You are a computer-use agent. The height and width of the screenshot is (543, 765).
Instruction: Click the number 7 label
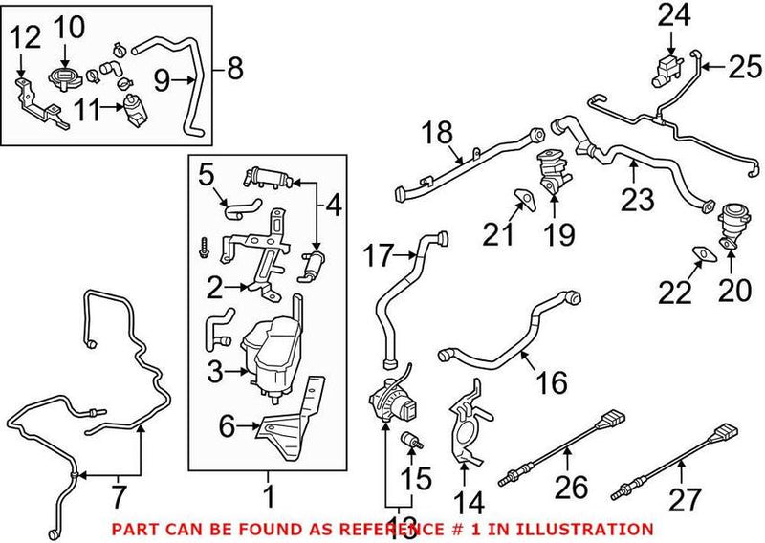(119, 495)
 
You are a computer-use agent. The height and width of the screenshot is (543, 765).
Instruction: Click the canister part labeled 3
(270, 349)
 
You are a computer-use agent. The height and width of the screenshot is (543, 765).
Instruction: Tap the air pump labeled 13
(391, 400)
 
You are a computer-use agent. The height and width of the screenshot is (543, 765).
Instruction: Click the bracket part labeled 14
(468, 421)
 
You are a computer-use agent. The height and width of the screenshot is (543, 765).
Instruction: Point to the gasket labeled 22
(701, 252)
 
